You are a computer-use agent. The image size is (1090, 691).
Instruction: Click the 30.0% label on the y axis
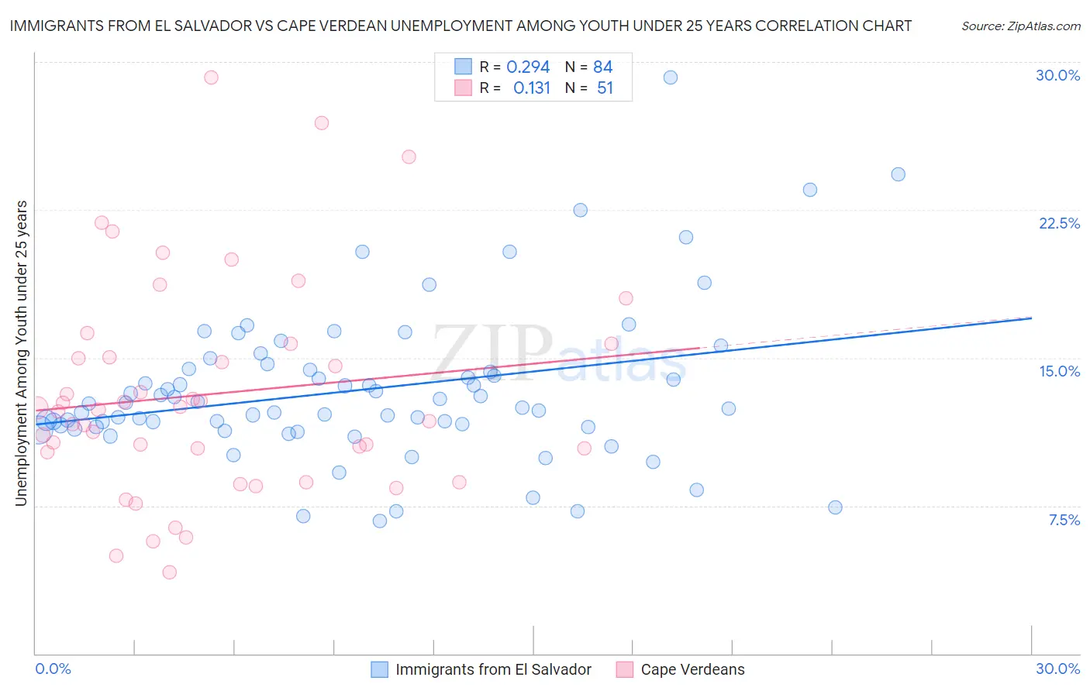[x=1057, y=75]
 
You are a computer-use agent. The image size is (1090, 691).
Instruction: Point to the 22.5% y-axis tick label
[x=1059, y=223]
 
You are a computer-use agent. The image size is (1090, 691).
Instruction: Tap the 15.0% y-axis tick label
[x=1059, y=371]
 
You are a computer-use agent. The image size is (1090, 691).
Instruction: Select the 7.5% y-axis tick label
[x=1064, y=520]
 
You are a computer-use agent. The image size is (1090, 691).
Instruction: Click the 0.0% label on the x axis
[x=53, y=669]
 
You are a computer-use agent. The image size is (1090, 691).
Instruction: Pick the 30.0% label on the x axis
[x=1057, y=669]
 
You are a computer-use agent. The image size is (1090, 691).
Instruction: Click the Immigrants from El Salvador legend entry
[x=493, y=669]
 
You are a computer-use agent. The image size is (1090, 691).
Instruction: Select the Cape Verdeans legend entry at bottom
[x=692, y=669]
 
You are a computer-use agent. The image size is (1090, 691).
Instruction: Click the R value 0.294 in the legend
[x=528, y=67]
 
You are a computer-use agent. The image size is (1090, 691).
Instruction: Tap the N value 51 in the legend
[x=605, y=88]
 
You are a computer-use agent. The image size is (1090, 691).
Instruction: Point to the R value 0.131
[x=531, y=88]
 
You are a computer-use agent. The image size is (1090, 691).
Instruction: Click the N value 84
[x=602, y=67]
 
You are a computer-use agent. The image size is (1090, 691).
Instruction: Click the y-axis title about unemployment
[x=21, y=353]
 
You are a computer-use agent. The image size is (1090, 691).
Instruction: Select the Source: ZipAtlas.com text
[x=1020, y=26]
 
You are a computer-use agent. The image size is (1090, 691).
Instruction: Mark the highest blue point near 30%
[x=671, y=77]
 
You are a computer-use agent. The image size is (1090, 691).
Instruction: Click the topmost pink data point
[x=211, y=77]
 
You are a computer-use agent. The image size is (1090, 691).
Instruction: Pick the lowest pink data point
[x=169, y=572]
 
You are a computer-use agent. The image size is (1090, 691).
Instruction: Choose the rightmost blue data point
[x=898, y=174]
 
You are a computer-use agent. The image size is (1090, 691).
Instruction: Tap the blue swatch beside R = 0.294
[x=463, y=67]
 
